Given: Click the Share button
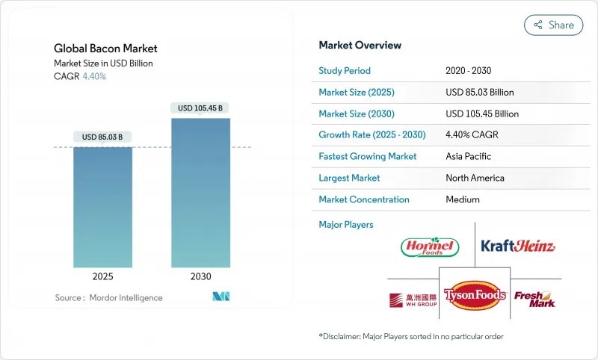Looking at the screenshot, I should click(553, 25).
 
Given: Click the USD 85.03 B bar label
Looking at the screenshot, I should click(102, 137).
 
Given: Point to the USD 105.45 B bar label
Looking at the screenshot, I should click(200, 108).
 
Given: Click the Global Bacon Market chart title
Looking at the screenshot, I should click(105, 49).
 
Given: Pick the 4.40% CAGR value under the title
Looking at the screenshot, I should click(93, 76).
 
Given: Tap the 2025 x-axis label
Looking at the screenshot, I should click(102, 276).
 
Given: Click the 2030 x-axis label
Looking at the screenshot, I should click(200, 276).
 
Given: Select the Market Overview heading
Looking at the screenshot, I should click(360, 46).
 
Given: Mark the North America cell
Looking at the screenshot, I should click(475, 178).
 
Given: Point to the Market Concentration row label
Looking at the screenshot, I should click(364, 199).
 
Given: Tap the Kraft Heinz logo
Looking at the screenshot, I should click(518, 246).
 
